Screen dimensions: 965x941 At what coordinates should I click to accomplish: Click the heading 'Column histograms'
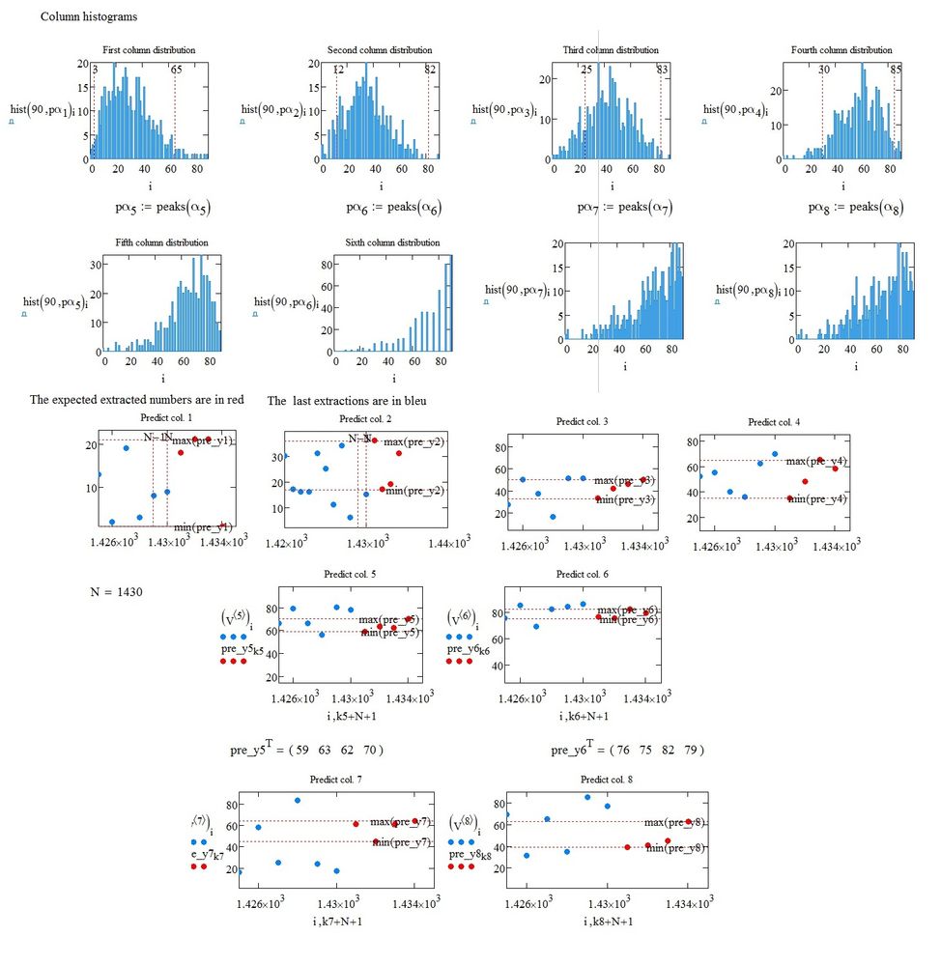point(88,17)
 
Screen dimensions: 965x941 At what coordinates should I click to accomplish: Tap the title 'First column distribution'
point(148,50)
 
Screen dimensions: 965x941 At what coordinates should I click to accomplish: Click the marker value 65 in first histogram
point(176,70)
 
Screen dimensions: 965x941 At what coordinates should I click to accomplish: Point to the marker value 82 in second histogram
point(430,70)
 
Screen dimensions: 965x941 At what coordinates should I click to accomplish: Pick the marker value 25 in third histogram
point(586,70)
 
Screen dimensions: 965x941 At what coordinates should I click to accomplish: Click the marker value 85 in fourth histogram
point(896,70)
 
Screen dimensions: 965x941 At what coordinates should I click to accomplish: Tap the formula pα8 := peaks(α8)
point(856,207)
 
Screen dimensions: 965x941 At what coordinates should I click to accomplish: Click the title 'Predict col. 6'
point(581,575)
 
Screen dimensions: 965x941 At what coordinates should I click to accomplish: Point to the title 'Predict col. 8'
point(607,779)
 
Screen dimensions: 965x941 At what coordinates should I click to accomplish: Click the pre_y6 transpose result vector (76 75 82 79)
point(627,750)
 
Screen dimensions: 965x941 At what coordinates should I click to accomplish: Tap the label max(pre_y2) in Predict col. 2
point(413,442)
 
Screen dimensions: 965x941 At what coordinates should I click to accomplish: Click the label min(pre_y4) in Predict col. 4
point(816,499)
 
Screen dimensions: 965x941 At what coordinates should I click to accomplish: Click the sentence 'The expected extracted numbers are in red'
point(135,400)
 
